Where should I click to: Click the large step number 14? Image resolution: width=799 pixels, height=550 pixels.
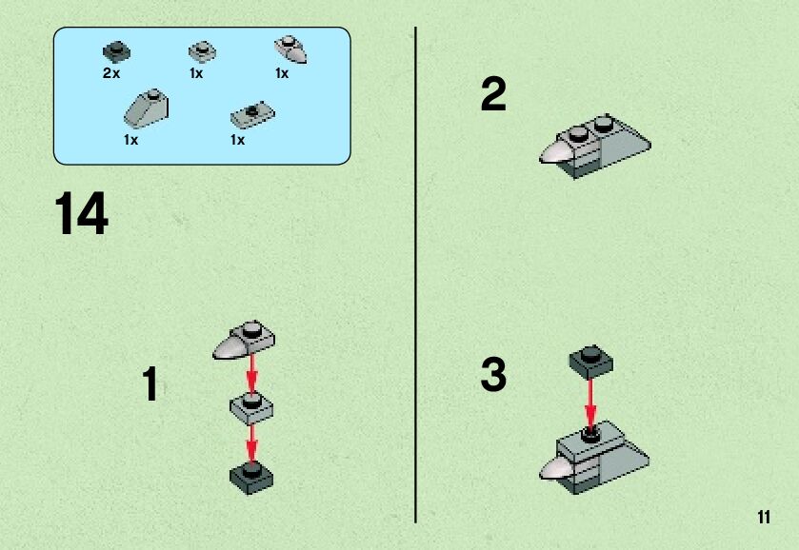pos(81,213)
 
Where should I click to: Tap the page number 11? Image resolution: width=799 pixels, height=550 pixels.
pos(764,517)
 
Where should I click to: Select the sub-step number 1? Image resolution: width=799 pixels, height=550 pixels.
pos(150,383)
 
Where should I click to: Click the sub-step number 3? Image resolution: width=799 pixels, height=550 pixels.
pos(493,374)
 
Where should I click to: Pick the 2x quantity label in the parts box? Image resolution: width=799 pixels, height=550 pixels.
pos(111,73)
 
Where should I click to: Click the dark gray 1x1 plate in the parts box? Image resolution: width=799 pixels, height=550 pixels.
pos(117,52)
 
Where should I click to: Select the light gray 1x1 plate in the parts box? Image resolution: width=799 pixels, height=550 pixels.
pos(202,52)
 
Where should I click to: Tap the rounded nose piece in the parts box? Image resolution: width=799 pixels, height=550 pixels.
pos(290,49)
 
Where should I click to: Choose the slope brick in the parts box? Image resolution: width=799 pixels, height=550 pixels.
pos(147,107)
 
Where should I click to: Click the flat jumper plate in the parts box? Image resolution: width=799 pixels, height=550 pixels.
pos(252,115)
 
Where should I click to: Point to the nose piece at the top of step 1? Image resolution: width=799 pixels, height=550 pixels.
pos(244,340)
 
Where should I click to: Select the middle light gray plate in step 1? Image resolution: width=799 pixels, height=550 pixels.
pos(251,408)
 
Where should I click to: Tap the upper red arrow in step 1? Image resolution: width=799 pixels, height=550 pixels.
pos(251,375)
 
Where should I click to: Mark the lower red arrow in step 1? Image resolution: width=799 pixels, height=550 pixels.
pos(251,444)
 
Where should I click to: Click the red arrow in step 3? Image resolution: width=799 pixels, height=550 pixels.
pos(590,403)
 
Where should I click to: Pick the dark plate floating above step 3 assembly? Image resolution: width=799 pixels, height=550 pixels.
pos(591,363)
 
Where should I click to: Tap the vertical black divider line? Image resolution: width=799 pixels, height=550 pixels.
pos(415,275)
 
